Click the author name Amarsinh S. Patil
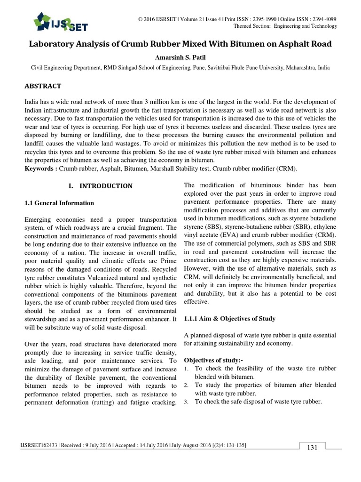[180, 57]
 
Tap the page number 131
[313, 447]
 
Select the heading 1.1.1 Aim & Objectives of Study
[229, 319]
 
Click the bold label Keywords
[39, 169]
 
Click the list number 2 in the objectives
[186, 385]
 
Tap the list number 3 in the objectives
[186, 402]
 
